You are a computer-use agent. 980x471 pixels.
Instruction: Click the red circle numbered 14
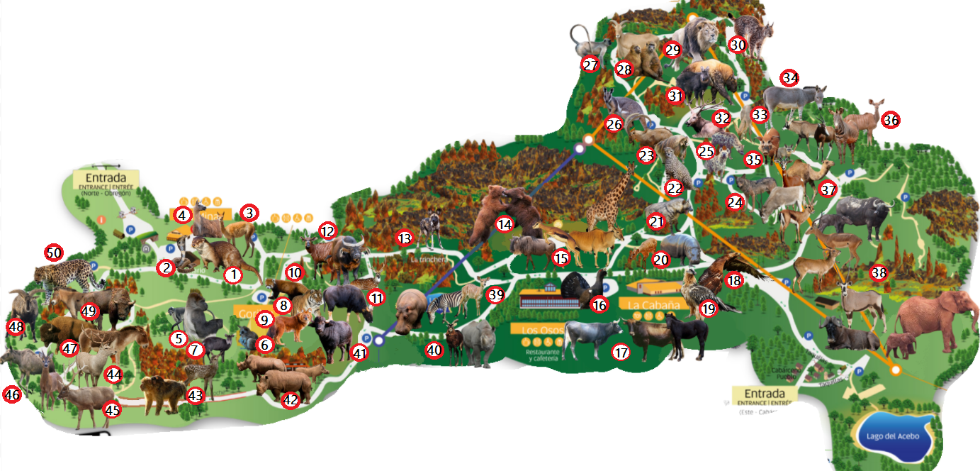[505, 224]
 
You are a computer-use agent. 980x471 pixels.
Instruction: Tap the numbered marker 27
[590, 65]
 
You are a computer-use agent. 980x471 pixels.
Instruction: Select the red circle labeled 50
[54, 252]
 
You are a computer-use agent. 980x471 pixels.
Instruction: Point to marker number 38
[879, 272]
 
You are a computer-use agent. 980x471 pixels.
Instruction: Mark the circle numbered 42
[291, 400]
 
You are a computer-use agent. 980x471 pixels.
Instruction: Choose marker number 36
[891, 121]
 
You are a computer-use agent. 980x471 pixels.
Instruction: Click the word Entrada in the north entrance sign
[105, 177]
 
